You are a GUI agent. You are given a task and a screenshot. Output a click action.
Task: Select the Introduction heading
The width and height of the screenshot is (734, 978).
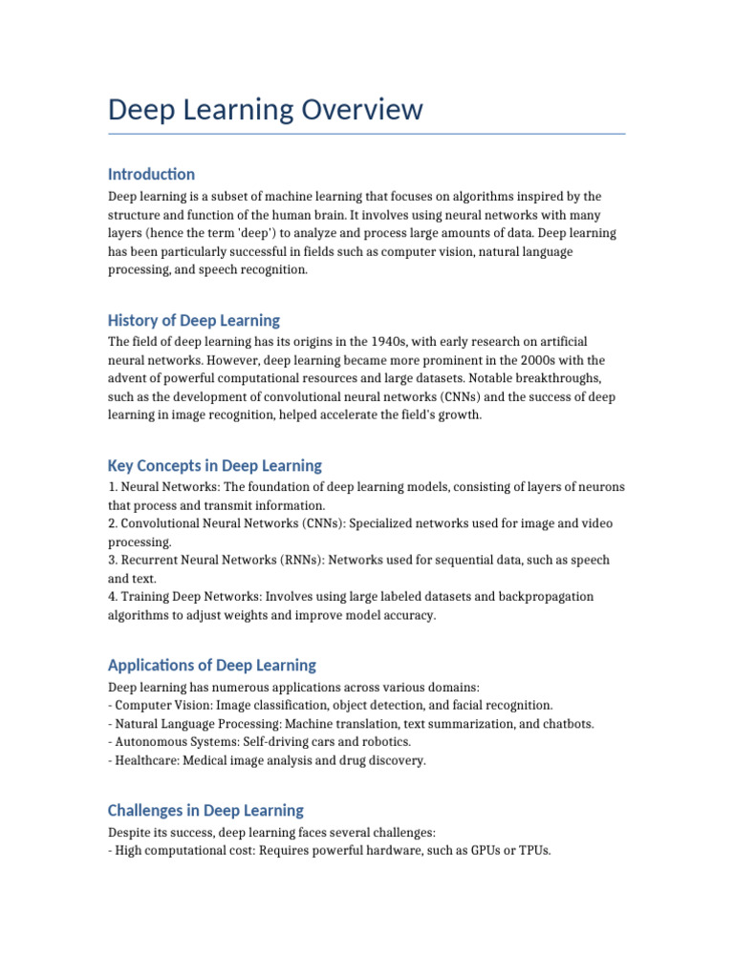[x=151, y=174]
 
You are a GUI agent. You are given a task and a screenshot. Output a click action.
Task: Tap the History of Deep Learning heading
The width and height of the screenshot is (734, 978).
[x=194, y=320]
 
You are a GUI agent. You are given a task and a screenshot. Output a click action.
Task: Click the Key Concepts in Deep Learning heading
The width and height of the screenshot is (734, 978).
[x=215, y=466]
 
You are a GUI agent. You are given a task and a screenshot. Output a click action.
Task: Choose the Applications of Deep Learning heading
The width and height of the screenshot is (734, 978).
[x=212, y=665]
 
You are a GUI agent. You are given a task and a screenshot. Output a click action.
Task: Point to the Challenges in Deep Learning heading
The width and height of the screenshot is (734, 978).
[x=205, y=810]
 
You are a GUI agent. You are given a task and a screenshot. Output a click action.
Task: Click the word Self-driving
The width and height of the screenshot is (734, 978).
[x=271, y=742]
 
